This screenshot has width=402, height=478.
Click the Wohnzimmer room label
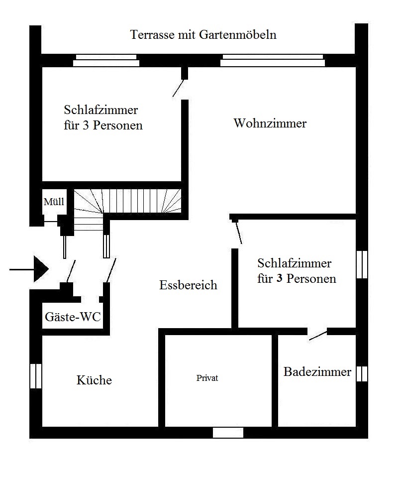pos(270,123)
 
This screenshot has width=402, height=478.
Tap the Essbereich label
pos(188,285)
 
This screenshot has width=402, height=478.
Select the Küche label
pos(94,380)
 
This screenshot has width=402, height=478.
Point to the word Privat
pos(207,378)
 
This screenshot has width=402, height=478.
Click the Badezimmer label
pos(317,371)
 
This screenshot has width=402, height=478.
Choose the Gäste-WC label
pos(73,317)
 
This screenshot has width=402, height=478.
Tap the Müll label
pos(54,202)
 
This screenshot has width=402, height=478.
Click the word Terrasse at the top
pos(153,34)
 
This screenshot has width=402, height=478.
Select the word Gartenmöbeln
pos(237,34)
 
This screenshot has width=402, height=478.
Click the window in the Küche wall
pos(36,376)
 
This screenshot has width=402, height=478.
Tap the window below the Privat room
pos(228,433)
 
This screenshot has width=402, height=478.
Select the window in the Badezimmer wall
pos(362,374)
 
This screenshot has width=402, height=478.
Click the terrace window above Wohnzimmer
pos(273,60)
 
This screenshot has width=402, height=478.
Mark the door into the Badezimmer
pos(317,335)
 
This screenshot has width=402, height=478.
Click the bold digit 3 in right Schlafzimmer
pos(279,278)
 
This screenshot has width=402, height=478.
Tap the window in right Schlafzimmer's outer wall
pos(362,264)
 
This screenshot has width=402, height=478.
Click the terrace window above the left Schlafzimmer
pos(106,60)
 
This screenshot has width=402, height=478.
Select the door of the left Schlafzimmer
pos(179,88)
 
